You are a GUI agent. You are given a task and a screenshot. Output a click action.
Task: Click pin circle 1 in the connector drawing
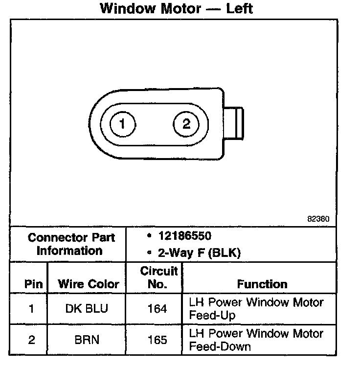121,124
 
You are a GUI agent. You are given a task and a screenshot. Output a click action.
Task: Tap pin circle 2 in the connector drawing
186,124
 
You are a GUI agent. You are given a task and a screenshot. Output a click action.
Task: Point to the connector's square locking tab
236,124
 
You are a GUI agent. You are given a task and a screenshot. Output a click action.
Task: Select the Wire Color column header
89,284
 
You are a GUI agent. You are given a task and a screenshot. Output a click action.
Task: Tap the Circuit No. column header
158,277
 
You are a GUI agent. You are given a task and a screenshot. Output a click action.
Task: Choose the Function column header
262,284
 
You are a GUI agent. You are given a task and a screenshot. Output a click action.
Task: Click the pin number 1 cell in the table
31,309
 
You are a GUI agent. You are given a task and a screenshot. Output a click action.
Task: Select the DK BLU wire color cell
87,309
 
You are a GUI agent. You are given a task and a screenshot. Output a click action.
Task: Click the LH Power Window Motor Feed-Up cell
256,309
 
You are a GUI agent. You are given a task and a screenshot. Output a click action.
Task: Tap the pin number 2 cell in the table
31,340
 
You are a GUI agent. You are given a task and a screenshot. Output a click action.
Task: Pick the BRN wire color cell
87,340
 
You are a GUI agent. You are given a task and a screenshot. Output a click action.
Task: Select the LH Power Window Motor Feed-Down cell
256,340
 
